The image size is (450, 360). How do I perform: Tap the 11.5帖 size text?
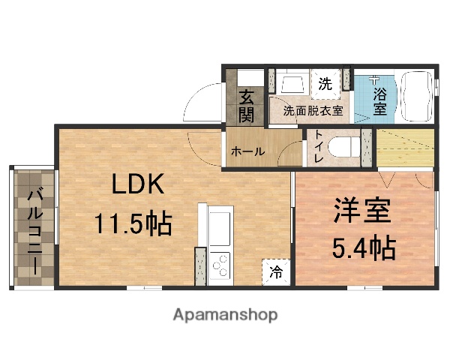tap(133, 223)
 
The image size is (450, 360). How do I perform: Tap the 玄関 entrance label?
tap(247, 106)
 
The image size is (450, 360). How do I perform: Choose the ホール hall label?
tap(247, 151)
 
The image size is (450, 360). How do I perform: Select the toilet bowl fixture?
tap(344, 146)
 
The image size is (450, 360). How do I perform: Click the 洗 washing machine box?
tap(325, 84)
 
